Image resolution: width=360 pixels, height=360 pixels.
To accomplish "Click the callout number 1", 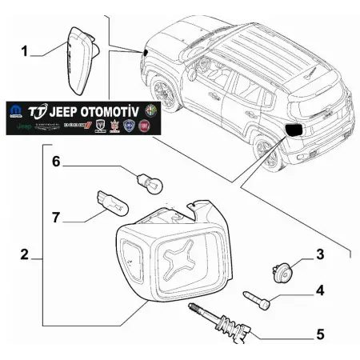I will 24,51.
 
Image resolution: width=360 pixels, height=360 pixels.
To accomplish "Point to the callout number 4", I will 319,290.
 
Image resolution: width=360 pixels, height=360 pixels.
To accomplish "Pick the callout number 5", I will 319,334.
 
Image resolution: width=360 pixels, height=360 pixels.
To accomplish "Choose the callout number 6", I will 56,162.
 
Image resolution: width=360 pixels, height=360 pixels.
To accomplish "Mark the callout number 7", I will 56,218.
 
